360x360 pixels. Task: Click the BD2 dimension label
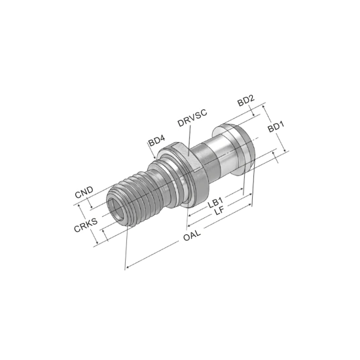[x=246, y=100]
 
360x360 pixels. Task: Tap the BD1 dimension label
[x=276, y=126]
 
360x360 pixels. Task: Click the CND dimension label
[x=84, y=192]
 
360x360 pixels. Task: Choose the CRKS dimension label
[x=86, y=225]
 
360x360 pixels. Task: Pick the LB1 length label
[x=215, y=202]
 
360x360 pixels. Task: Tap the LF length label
[x=219, y=211]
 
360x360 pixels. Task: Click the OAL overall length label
[x=192, y=235]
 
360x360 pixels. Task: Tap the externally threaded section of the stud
[x=131, y=198]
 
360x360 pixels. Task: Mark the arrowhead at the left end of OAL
[x=128, y=267]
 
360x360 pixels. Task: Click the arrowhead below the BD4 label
[x=154, y=157]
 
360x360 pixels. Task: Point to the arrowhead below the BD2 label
[x=253, y=115]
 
